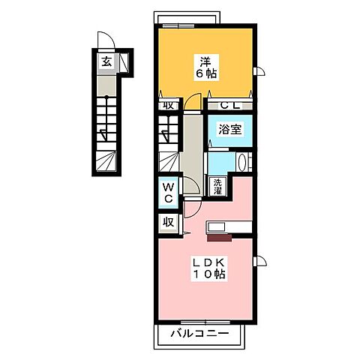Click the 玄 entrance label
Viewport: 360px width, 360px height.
(x=106, y=61)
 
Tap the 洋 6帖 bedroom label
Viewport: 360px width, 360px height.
(x=206, y=67)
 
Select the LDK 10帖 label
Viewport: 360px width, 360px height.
(x=209, y=268)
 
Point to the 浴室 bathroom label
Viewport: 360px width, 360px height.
(x=229, y=130)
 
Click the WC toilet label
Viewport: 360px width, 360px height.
(x=169, y=193)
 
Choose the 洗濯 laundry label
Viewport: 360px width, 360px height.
(x=217, y=187)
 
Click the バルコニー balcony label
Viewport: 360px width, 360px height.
(x=199, y=333)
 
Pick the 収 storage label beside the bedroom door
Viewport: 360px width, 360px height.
(x=169, y=105)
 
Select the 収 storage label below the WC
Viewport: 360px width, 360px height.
(x=169, y=222)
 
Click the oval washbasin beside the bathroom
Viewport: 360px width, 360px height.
(x=242, y=162)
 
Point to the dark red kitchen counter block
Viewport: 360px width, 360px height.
(x=220, y=238)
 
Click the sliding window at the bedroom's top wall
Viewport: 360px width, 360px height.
(x=178, y=25)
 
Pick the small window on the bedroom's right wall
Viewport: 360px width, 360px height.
(x=259, y=72)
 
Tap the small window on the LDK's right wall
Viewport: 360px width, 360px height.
(x=259, y=262)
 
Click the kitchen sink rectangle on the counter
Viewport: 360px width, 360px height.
(x=217, y=227)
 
